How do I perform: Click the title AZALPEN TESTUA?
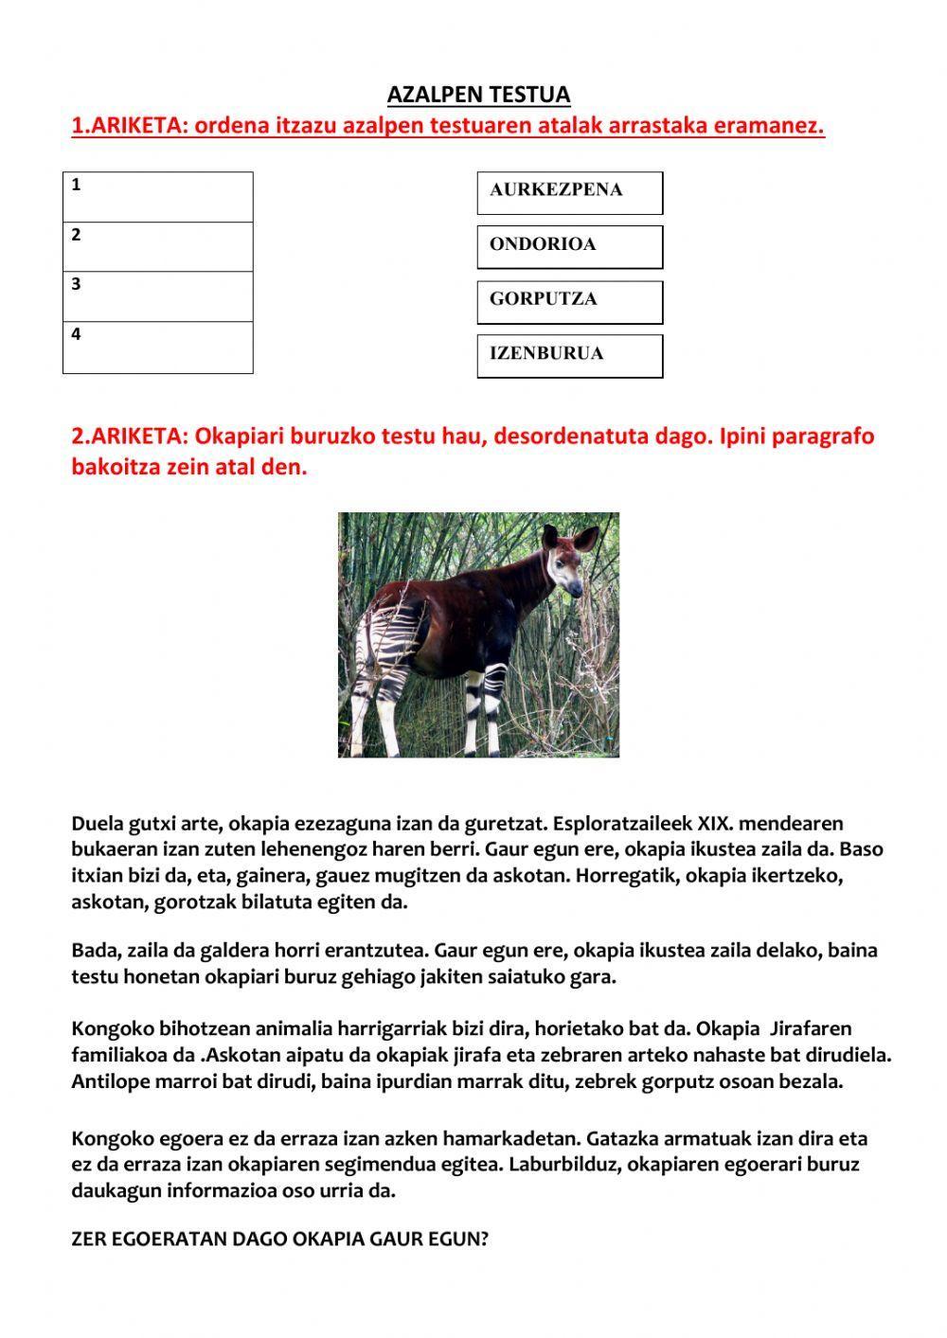(x=478, y=95)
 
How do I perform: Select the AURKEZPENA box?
(x=569, y=192)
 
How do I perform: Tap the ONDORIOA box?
(x=569, y=246)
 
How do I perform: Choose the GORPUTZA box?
(x=569, y=301)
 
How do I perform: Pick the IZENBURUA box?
(x=569, y=355)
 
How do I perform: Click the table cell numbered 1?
(x=158, y=197)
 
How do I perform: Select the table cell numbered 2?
(x=158, y=247)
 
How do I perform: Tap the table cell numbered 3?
(x=158, y=296)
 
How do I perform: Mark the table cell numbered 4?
(x=158, y=348)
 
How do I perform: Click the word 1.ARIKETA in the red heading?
(x=129, y=126)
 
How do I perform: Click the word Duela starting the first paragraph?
(x=98, y=823)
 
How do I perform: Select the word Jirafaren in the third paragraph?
(x=812, y=1028)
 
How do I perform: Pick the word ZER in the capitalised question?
(x=88, y=1239)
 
